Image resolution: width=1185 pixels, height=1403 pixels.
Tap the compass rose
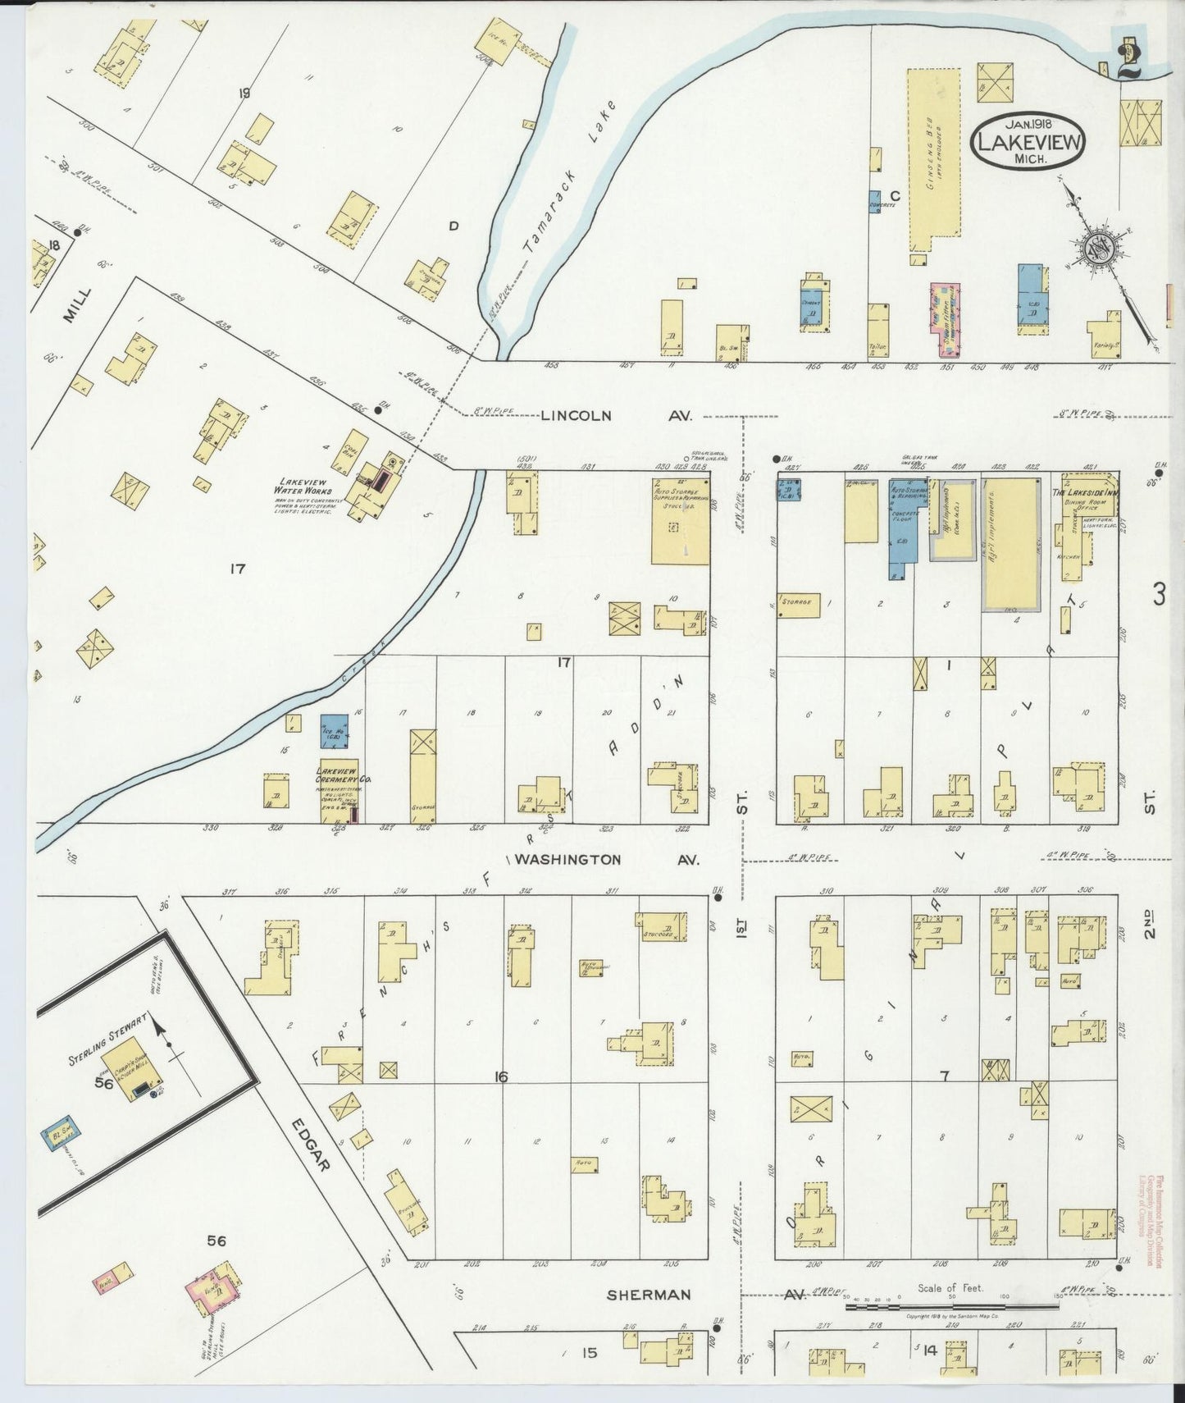point(1098,249)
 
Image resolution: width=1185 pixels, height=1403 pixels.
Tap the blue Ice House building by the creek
point(334,730)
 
